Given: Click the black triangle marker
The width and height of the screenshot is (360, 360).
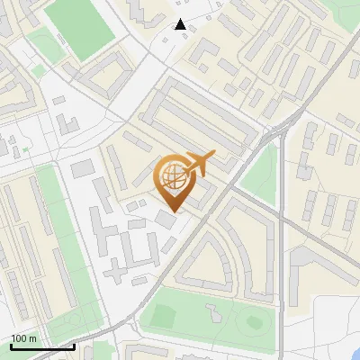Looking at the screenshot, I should [181, 24].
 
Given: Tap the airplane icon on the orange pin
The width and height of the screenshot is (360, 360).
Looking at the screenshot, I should [199, 162].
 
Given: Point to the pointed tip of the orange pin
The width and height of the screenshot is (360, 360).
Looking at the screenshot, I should [172, 211].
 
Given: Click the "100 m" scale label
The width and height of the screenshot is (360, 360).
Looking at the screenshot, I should [23, 338].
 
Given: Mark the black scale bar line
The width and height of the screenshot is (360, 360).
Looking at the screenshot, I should [41, 346].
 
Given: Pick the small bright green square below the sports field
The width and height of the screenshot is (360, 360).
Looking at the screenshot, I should [38, 70].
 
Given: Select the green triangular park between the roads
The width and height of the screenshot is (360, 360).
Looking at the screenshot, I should [260, 171].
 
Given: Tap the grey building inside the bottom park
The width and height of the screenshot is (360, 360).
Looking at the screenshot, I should [215, 312].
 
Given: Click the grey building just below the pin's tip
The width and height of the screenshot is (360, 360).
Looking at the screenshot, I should [167, 220].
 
